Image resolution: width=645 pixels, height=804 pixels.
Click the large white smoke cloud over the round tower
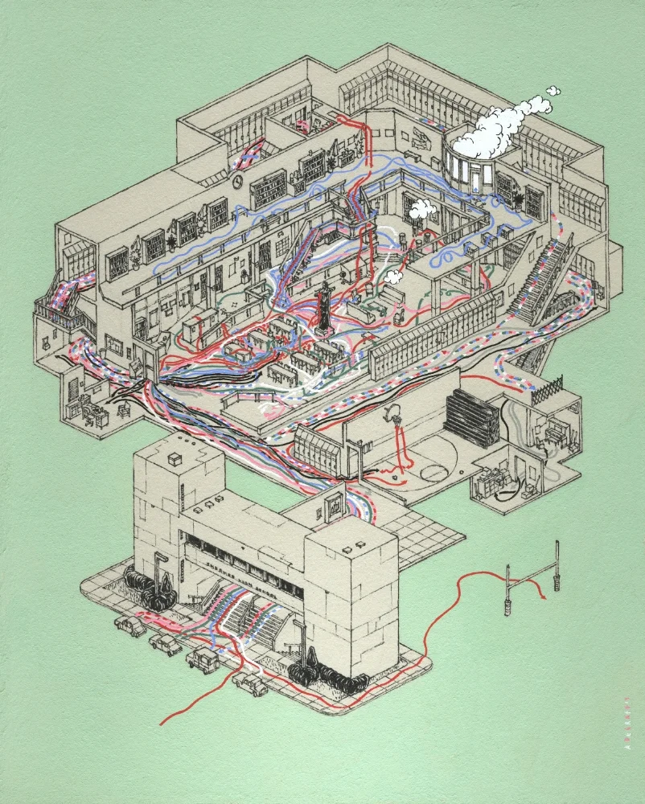491,137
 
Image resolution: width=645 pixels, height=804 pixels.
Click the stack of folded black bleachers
471,415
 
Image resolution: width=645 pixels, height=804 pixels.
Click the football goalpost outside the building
531,587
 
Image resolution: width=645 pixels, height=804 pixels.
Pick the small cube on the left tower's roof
175,457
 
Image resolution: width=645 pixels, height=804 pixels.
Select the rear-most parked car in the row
128,623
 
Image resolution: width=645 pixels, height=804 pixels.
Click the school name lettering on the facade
249,568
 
